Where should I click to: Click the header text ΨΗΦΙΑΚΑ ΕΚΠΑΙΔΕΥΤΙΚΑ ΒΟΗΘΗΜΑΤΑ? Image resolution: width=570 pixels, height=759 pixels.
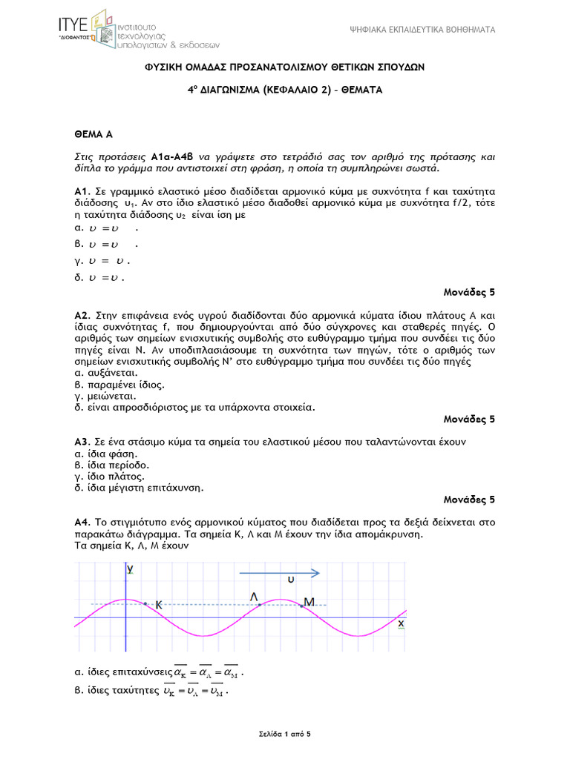422,30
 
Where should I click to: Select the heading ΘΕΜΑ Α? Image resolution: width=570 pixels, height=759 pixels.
93,134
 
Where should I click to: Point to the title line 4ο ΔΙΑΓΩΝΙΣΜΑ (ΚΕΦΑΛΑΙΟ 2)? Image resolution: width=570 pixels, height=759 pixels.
284,90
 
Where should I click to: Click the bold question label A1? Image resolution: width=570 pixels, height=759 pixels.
82,191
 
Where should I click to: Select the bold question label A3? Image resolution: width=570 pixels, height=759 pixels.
82,442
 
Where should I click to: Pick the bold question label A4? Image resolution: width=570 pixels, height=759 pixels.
82,522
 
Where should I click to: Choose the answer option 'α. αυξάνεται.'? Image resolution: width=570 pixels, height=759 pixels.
105,374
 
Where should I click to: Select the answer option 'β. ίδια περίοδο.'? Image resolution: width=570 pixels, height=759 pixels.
111,465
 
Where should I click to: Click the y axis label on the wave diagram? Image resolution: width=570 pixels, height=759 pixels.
130,569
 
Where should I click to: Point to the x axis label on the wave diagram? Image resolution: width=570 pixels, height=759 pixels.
401,624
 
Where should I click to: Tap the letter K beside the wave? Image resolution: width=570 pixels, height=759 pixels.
158,605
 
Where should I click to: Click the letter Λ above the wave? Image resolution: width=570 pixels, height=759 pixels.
255,596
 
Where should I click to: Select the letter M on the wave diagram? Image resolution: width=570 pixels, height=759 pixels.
309,601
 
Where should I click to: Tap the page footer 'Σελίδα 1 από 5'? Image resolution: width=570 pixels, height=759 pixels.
284,734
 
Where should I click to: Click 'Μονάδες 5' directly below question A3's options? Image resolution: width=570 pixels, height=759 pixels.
469,499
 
